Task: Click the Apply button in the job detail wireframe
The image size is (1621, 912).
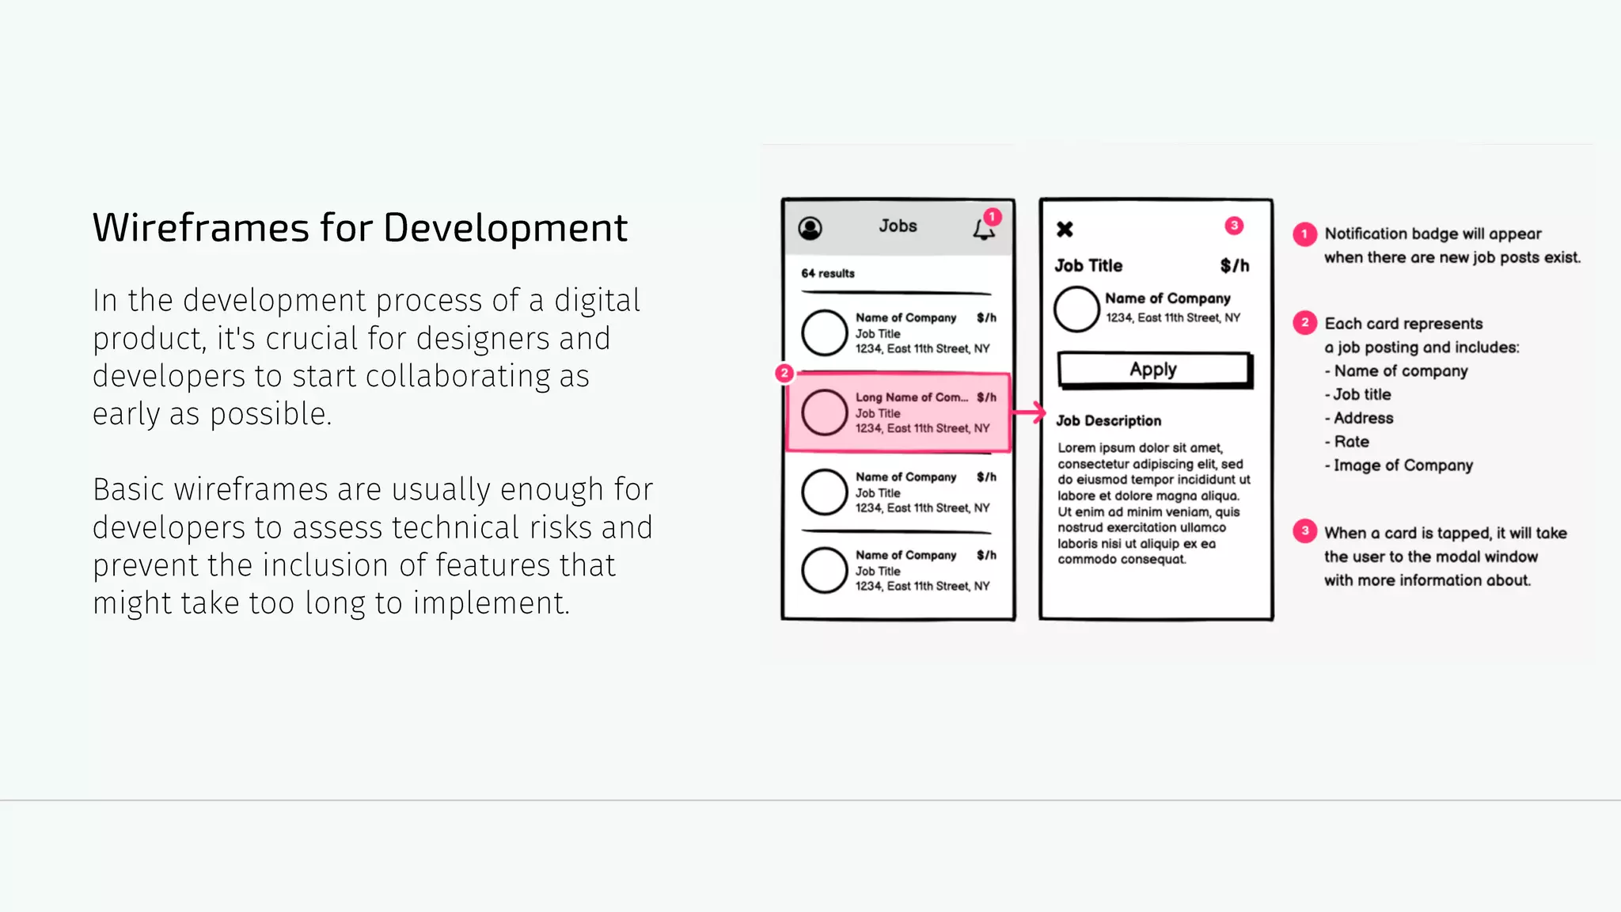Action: click(1154, 370)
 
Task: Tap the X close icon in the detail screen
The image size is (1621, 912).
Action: click(1065, 230)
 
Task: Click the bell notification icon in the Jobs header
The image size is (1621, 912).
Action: click(983, 230)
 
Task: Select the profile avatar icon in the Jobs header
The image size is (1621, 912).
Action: click(810, 229)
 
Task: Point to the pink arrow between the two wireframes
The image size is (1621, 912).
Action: click(1029, 412)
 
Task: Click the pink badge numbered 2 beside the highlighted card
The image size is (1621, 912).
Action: click(784, 373)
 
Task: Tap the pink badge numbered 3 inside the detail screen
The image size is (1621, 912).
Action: click(1234, 226)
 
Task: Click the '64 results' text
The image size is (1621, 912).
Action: click(828, 273)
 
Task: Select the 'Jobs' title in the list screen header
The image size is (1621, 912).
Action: click(898, 226)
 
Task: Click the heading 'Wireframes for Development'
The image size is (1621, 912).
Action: click(360, 228)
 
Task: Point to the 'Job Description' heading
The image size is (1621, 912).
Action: click(1109, 421)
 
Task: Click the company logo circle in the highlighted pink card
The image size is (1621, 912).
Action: click(825, 412)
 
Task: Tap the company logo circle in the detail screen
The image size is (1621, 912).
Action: click(1076, 309)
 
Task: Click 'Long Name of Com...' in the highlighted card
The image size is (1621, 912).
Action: click(911, 397)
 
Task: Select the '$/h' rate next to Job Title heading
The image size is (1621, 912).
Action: click(1234, 266)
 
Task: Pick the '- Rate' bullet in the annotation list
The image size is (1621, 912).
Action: click(1347, 442)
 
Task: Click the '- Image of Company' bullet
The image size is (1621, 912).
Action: click(1399, 465)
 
